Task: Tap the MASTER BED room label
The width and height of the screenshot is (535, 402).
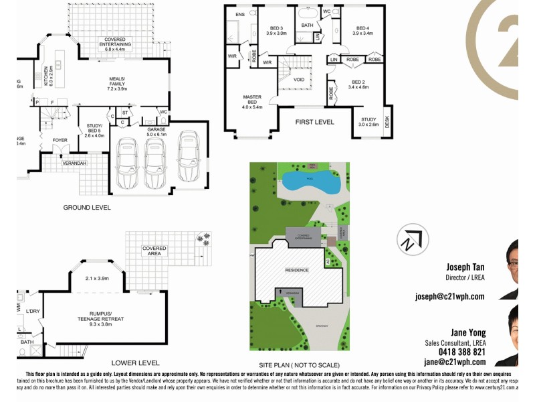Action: point(252,101)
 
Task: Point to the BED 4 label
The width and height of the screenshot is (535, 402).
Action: point(362,29)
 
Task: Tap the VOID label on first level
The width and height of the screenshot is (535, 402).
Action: point(299,79)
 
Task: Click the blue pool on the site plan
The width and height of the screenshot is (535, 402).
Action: point(312,180)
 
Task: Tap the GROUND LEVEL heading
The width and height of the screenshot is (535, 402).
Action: point(87,208)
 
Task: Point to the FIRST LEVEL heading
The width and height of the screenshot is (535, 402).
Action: point(315,122)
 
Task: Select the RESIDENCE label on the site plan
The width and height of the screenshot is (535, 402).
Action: point(298,270)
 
